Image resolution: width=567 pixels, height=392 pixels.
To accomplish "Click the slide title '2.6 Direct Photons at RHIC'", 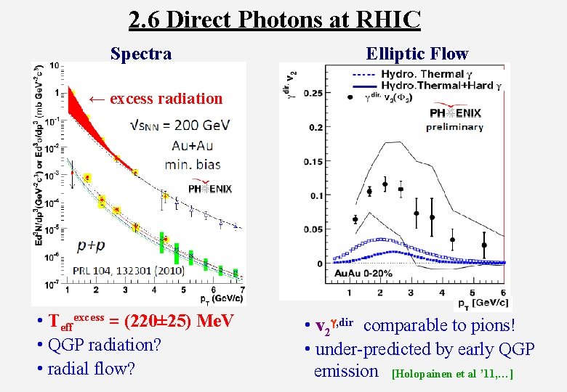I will (274, 20).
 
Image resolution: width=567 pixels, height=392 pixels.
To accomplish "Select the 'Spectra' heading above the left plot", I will (141, 54).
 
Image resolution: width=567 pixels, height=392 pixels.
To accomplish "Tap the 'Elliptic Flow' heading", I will (417, 54).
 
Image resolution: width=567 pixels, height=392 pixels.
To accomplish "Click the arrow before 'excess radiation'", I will (97, 99).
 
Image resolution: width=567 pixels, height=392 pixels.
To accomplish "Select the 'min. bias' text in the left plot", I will (192, 164).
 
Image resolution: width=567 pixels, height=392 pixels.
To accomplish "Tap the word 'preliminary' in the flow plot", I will (454, 127).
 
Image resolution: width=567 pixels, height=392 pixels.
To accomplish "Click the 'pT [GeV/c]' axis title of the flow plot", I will (484, 303).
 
